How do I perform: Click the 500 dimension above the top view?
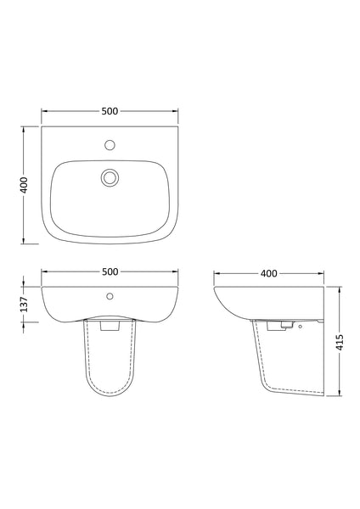point(110,110)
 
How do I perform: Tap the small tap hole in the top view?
point(110,145)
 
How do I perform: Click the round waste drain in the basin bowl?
point(110,177)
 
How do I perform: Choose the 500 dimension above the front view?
point(110,271)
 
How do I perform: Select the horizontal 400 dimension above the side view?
point(268,273)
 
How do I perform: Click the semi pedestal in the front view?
point(110,365)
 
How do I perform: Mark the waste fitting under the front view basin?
point(110,324)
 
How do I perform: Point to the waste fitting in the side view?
point(280,324)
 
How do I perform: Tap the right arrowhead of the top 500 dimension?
point(176,110)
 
